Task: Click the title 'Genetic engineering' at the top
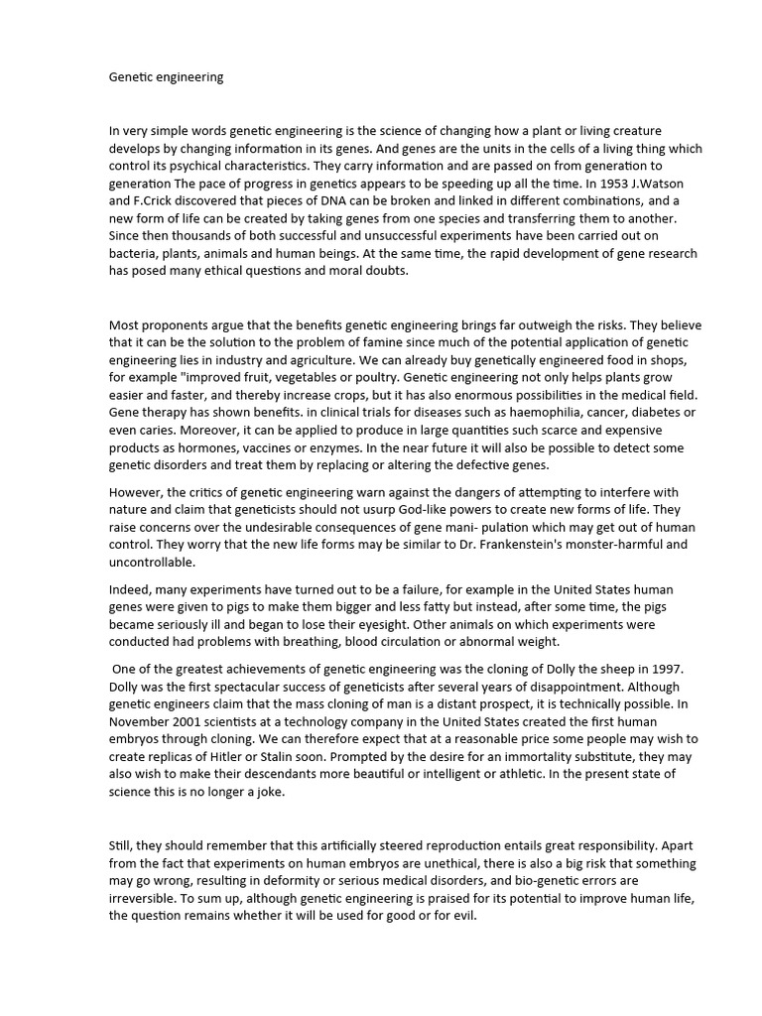pyautogui.click(x=166, y=77)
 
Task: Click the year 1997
pyautogui.click(x=639, y=668)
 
